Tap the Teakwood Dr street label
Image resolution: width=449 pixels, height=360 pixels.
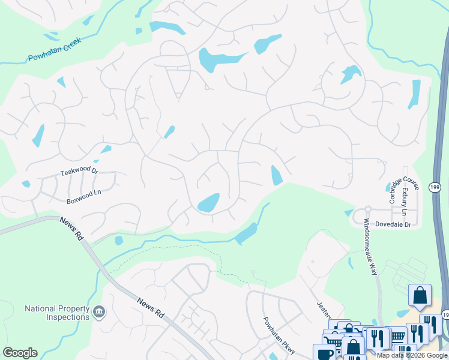point(79,172)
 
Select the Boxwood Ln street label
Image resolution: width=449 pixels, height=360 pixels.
point(84,195)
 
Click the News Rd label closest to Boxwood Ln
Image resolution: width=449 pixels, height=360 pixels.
point(71,229)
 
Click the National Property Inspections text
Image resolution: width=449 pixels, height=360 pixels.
point(56,313)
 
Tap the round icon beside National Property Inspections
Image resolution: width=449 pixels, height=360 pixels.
point(100,313)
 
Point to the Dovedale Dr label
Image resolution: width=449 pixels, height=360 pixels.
point(392,224)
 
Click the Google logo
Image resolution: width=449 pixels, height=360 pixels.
point(20,353)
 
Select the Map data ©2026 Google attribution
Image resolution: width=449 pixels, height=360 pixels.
point(412,355)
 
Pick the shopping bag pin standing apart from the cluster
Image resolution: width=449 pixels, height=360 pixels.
point(420,295)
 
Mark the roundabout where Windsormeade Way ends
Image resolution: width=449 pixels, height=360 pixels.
point(367,211)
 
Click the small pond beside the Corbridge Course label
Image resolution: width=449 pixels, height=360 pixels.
point(387,188)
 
